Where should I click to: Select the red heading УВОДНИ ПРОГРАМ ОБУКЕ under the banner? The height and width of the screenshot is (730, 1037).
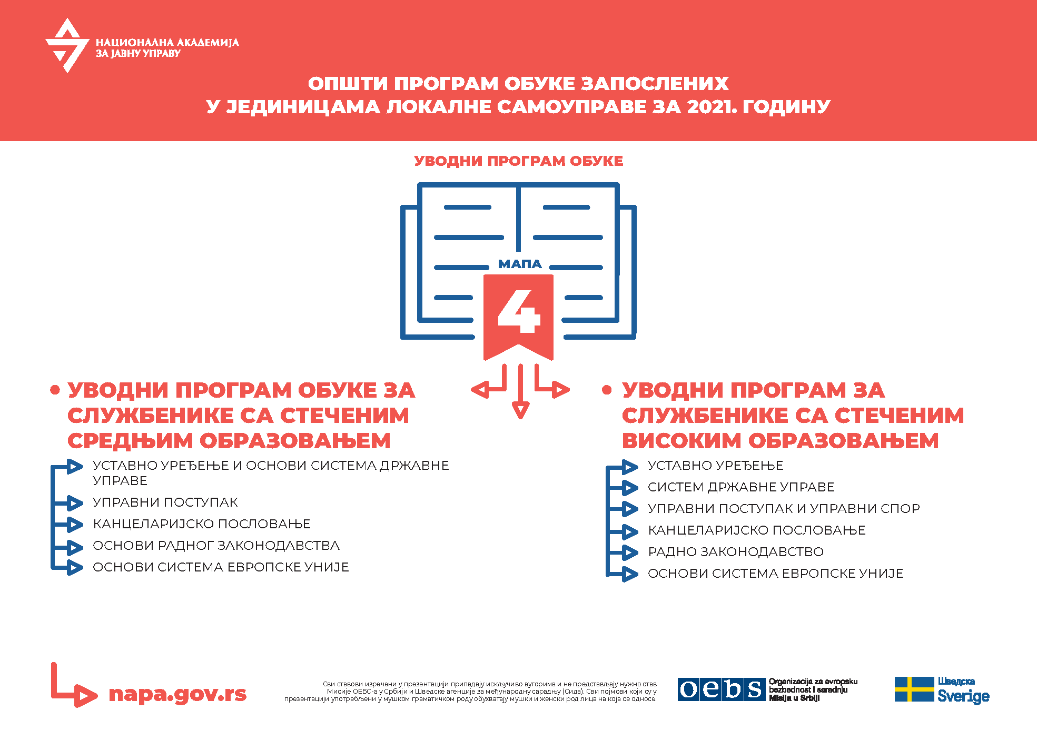[x=518, y=161]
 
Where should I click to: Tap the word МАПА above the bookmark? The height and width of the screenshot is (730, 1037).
[x=519, y=264]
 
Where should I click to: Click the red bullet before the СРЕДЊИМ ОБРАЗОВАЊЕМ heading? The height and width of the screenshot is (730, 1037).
[x=55, y=390]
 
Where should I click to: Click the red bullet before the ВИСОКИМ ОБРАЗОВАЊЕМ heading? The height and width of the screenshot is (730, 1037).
[x=607, y=390]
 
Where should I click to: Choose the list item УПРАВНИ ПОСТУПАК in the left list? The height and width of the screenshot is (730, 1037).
[x=165, y=502]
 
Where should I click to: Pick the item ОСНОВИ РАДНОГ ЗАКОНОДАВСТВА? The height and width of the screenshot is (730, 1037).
[x=216, y=546]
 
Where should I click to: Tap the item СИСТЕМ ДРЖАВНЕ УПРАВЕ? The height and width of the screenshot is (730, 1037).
[x=740, y=487]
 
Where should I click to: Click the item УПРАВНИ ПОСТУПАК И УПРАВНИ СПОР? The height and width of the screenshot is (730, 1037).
[x=783, y=509]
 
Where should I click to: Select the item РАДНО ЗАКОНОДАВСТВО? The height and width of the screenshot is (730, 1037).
[x=735, y=552]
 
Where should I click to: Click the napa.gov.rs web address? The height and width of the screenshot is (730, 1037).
[x=177, y=694]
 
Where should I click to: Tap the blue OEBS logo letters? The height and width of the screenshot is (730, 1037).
[x=721, y=689]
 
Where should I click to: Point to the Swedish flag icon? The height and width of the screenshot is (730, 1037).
[x=914, y=689]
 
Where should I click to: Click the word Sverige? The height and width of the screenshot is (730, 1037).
[x=963, y=696]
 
